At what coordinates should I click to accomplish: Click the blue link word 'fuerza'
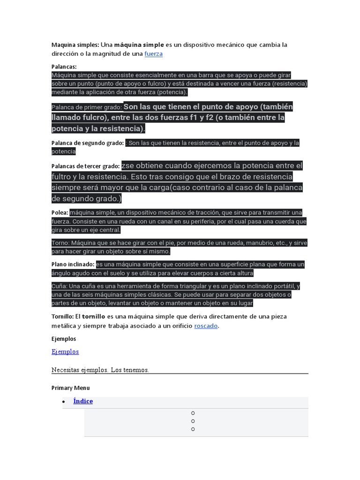[153, 54]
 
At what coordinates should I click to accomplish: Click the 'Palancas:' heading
[64, 67]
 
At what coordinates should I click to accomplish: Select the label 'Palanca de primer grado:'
[87, 107]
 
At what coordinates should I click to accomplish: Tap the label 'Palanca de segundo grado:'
[88, 143]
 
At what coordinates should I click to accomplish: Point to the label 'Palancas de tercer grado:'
[85, 166]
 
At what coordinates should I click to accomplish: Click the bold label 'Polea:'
[60, 212]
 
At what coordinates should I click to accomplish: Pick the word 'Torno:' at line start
[60, 243]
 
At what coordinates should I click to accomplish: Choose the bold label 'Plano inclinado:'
[73, 264]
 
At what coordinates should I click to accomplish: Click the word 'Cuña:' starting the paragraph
[60, 286]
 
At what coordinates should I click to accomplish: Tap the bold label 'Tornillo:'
[62, 316]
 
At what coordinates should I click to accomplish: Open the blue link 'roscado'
[206, 326]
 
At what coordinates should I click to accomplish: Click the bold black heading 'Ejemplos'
[63, 338]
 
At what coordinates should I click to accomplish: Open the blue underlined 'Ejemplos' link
[65, 352]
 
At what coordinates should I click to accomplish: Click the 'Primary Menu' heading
[70, 388]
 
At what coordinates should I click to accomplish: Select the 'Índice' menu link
[83, 401]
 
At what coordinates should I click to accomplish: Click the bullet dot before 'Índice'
[63, 402]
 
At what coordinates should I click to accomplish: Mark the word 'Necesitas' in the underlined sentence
[66, 370]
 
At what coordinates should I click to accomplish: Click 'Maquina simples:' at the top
[75, 45]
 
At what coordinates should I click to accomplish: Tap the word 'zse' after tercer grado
[128, 165]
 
